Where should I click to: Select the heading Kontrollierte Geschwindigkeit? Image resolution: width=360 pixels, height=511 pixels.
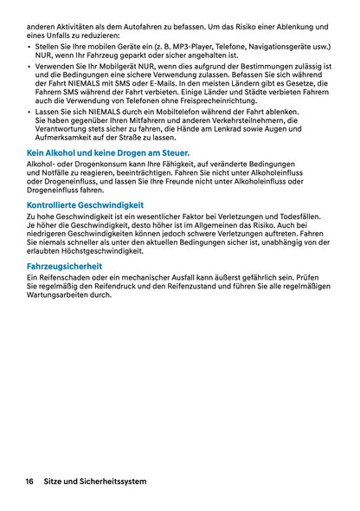[85, 205]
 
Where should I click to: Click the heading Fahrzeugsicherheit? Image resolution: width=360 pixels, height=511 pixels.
[65, 266]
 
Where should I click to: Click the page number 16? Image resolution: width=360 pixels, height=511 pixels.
[29, 481]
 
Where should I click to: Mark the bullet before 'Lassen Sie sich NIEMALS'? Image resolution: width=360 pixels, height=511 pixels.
[29, 111]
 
